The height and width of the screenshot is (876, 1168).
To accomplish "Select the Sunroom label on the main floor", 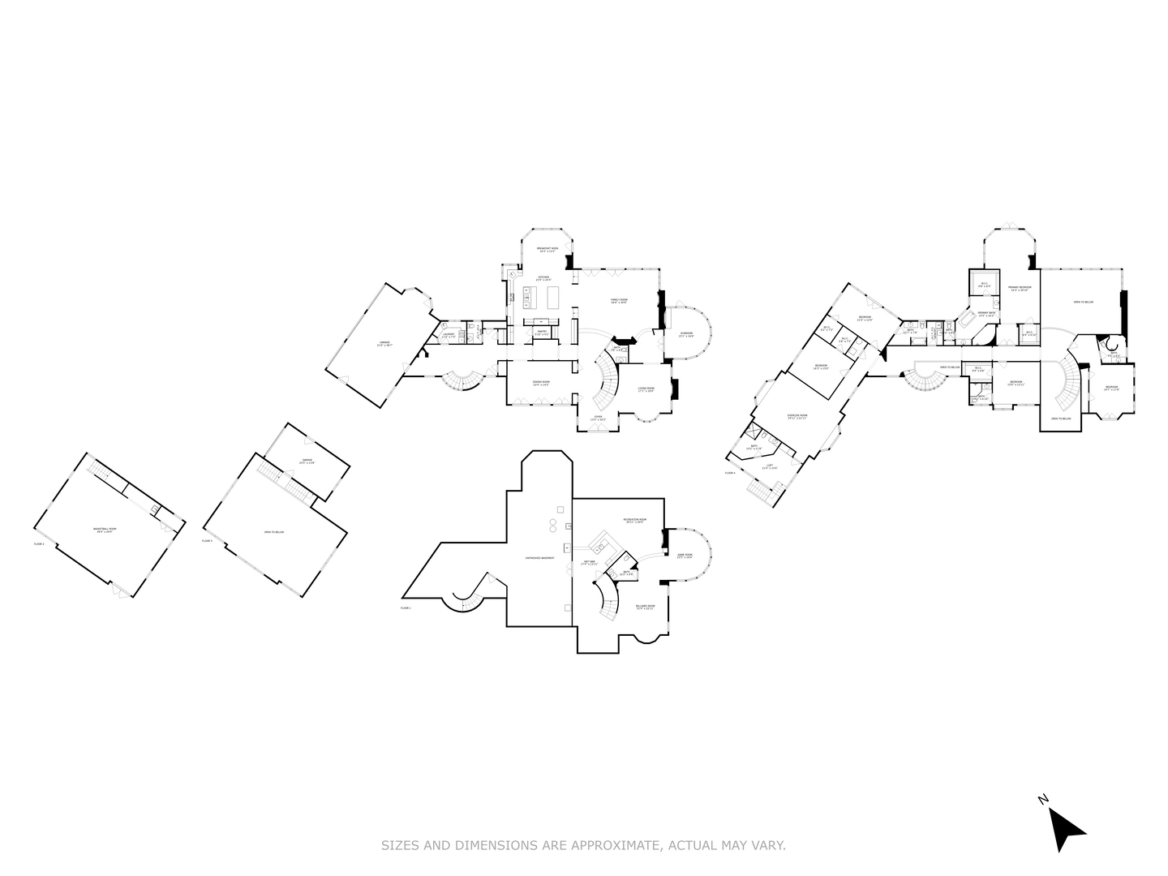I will click(x=686, y=334).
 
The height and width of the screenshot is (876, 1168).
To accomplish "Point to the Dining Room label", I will click(x=541, y=383).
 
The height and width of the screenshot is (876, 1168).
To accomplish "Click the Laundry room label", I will click(x=449, y=335).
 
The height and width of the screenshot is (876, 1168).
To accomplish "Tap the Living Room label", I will click(x=646, y=390).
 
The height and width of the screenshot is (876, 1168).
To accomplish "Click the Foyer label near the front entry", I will click(x=598, y=418).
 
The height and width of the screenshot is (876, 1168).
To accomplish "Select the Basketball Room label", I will click(x=106, y=530).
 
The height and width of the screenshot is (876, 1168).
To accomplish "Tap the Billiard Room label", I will click(x=646, y=607).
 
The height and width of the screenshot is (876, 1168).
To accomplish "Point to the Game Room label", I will click(x=685, y=556).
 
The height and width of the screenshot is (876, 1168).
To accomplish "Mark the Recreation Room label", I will click(x=635, y=520).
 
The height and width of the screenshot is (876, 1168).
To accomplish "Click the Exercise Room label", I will click(x=797, y=416).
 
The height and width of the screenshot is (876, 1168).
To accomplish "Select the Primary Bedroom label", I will click(x=1020, y=288).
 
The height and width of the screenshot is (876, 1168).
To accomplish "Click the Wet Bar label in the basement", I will click(x=590, y=562).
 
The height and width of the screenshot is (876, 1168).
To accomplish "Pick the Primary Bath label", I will click(x=986, y=314).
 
